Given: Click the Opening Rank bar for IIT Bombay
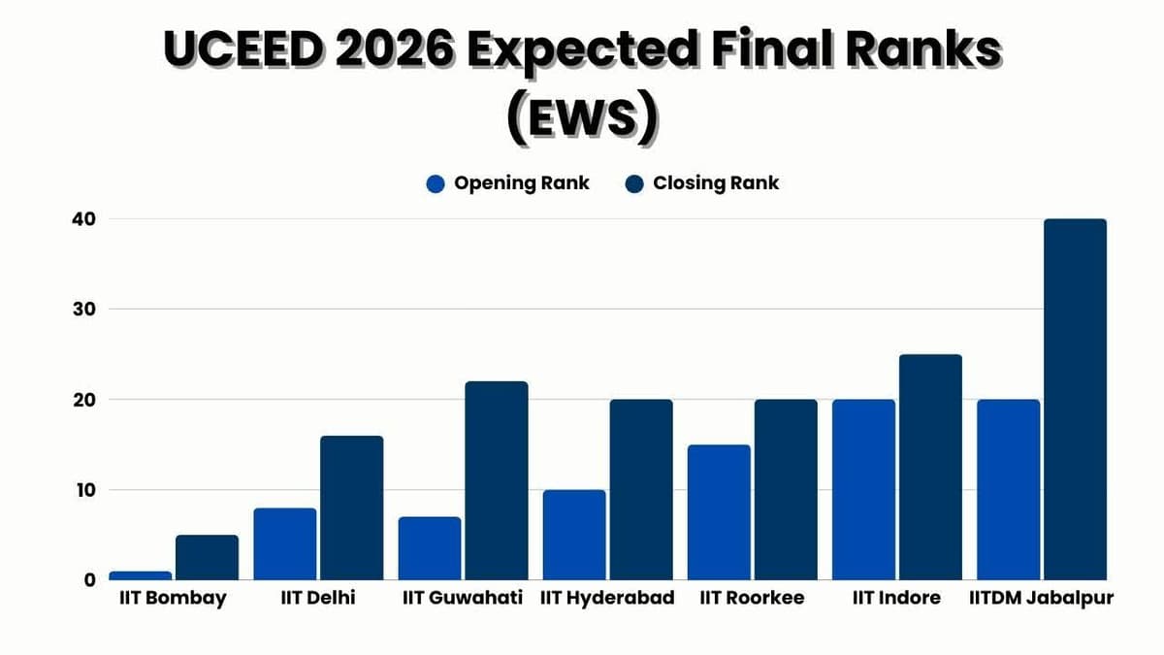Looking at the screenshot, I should coord(140,575).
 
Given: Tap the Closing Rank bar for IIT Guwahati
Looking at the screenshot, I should coord(496,481).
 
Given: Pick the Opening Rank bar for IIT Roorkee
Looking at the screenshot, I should coord(719,512).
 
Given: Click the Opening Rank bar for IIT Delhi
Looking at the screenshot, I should coord(285,544).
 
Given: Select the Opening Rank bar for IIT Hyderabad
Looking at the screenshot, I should coord(574,535).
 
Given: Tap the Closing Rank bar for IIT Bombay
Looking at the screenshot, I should coord(207,558).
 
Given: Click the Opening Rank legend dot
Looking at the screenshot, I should coord(436,183).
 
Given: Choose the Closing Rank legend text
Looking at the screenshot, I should coord(716,182).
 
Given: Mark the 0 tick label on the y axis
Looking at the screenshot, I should coord(88,580).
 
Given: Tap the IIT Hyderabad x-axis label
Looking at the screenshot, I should coord(607,598).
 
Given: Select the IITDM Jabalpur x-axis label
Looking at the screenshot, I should coord(1041,598).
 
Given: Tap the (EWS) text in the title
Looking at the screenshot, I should coord(582,118).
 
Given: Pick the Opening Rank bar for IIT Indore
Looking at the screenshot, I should coord(863,490).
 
